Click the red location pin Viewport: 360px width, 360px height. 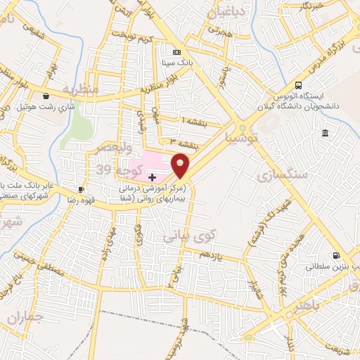coord(181,166)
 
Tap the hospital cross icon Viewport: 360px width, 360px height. coord(152,176)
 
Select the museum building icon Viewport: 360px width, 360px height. coord(324,134)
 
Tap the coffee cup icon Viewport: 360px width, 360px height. coord(82,190)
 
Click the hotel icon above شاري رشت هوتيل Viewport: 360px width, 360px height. coord(46,96)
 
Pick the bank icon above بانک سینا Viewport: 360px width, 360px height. coord(177,52)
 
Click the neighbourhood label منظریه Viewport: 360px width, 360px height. coord(79,90)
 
